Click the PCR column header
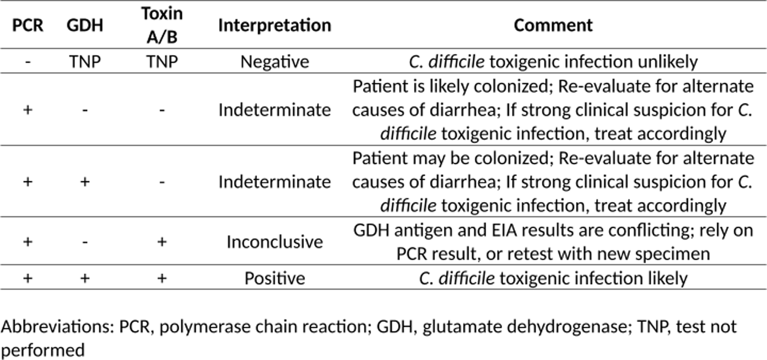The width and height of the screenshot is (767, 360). click(28, 25)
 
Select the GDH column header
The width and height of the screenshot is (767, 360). click(85, 25)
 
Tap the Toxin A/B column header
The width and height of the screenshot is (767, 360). click(162, 25)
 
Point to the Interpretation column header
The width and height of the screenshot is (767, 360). click(275, 25)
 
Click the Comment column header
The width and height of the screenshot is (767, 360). click(553, 25)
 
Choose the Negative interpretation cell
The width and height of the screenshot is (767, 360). click(275, 62)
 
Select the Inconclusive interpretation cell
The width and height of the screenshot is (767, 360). click(275, 241)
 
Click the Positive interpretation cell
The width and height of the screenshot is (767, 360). click(275, 278)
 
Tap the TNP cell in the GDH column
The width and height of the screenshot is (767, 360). click(85, 62)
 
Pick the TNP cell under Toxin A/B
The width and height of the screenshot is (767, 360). click(162, 62)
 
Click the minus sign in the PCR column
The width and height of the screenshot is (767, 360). click(28, 62)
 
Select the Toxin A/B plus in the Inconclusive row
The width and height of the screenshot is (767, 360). click(162, 241)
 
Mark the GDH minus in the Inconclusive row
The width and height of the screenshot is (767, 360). click(85, 242)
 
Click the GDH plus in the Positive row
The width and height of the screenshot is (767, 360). click(85, 278)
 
